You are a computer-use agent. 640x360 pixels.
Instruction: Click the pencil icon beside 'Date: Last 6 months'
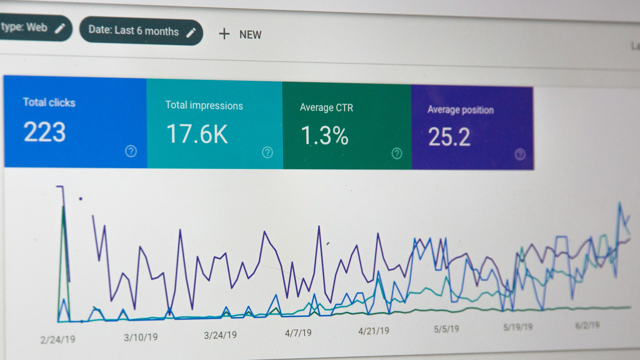pyautogui.click(x=191, y=33)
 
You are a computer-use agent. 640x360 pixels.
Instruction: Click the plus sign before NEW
pyautogui.click(x=224, y=34)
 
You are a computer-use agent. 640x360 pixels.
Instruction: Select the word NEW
pyautogui.click(x=250, y=35)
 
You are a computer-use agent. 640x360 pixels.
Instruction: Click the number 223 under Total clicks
pyautogui.click(x=45, y=132)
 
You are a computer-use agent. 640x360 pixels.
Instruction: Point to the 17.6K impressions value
pyautogui.click(x=197, y=134)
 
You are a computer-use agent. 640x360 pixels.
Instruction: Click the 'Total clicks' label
pyautogui.click(x=49, y=102)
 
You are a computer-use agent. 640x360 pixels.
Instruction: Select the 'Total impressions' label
pyautogui.click(x=204, y=106)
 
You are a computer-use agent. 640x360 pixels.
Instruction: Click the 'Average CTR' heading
pyautogui.click(x=326, y=108)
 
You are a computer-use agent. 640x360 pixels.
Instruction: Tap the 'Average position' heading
pyautogui.click(x=461, y=110)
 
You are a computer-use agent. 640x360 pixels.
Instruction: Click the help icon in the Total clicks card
pyautogui.click(x=131, y=151)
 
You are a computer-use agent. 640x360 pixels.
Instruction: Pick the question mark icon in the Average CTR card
pyautogui.click(x=397, y=154)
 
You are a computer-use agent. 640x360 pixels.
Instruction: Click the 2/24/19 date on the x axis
pyautogui.click(x=58, y=340)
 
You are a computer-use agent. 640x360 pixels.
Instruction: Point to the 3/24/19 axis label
pyautogui.click(x=220, y=335)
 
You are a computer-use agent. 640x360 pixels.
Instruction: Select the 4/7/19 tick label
pyautogui.click(x=298, y=333)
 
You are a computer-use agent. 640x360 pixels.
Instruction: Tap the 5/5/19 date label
pyautogui.click(x=446, y=329)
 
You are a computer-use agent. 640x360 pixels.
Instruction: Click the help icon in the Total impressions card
pyautogui.click(x=267, y=153)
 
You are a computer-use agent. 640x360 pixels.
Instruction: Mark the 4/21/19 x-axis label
pyautogui.click(x=374, y=331)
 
